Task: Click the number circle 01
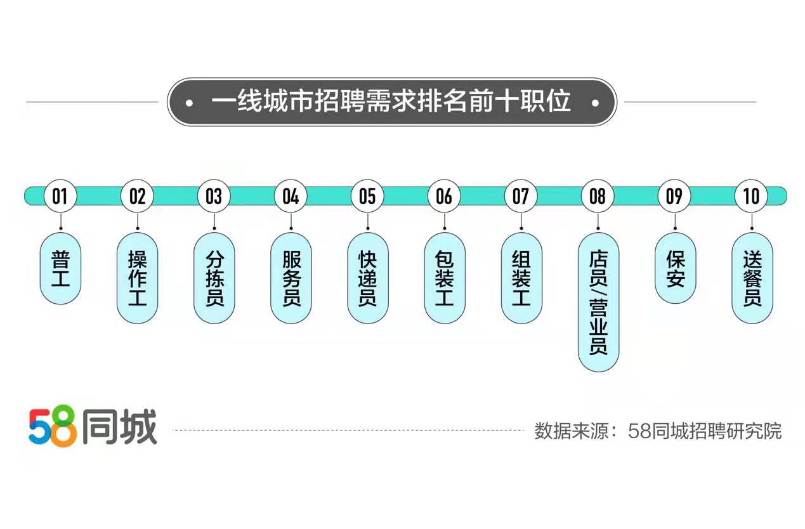click(60, 196)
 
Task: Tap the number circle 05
click(367, 196)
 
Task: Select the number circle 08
click(598, 196)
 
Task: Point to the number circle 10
click(752, 196)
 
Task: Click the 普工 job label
click(60, 268)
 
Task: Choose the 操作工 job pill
click(137, 278)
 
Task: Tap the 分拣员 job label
click(214, 278)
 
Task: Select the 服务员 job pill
click(291, 278)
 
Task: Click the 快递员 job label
click(367, 278)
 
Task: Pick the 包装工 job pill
click(444, 278)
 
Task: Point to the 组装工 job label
click(521, 278)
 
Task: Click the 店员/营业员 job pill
click(598, 302)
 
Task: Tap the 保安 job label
click(675, 268)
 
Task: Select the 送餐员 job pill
click(752, 278)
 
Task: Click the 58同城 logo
click(93, 428)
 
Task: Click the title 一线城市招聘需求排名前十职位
click(391, 101)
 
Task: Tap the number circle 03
click(214, 196)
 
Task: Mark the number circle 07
click(521, 196)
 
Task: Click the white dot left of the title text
click(190, 102)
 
